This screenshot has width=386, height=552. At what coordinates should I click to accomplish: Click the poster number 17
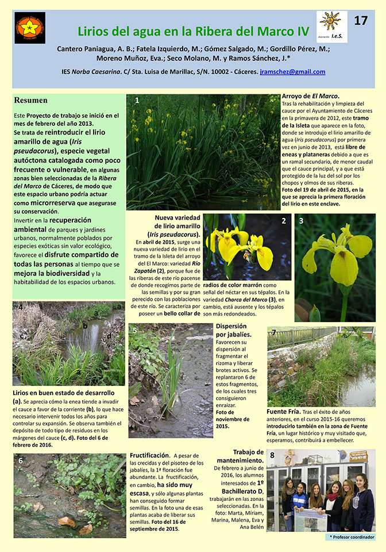361,21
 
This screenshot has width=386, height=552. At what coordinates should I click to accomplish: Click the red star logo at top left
30,28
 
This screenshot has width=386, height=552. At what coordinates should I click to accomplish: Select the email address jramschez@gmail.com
292,72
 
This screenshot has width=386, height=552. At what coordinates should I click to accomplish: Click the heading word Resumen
31,100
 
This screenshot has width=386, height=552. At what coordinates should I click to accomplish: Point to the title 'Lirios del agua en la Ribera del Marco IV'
193,31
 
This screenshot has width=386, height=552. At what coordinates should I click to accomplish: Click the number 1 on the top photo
137,100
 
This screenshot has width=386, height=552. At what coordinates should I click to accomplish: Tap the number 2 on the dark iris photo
283,221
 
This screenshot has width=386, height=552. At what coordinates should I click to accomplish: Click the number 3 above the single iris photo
301,220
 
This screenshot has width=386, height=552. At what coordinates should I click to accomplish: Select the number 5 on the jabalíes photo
134,330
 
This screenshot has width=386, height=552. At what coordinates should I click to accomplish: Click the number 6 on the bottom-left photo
21,461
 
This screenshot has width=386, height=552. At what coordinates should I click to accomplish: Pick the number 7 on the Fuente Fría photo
274,332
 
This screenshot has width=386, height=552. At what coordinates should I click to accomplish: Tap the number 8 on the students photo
272,458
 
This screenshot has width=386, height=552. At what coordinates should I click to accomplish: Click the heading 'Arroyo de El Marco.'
310,95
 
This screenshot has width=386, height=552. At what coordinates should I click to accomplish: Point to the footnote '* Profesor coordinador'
352,536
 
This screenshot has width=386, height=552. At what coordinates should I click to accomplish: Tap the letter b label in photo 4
85,326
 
